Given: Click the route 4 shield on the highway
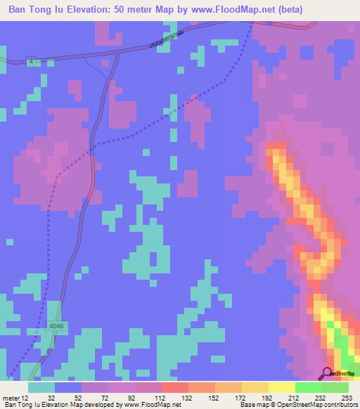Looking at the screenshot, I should click(32, 62).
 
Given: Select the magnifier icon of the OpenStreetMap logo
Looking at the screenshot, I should click(327, 373).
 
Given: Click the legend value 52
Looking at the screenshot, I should click(74, 397).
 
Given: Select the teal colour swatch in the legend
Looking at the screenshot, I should click(41, 387).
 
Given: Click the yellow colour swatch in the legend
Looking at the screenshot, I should click(281, 387).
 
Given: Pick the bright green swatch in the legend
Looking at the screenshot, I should click(308, 387).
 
